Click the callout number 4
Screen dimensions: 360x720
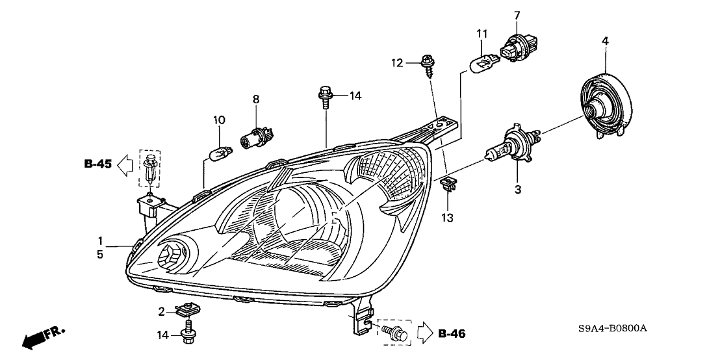point(605,41)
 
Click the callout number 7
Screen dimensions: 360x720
point(517,14)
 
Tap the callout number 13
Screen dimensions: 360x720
point(448,216)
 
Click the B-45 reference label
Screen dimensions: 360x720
point(97,164)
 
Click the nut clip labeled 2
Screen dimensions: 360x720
point(188,313)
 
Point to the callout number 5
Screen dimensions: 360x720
point(100,255)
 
